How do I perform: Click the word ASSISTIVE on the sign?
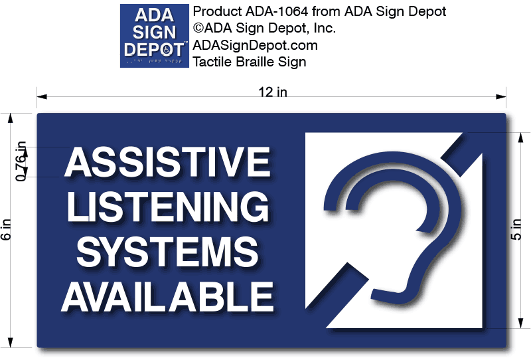(x=167, y=162)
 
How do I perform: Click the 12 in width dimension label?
(x=272, y=92)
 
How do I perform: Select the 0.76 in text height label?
(x=21, y=161)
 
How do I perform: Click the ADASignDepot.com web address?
(x=255, y=45)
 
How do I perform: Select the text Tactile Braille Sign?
(x=249, y=62)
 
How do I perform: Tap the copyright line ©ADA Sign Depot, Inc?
(x=264, y=28)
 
